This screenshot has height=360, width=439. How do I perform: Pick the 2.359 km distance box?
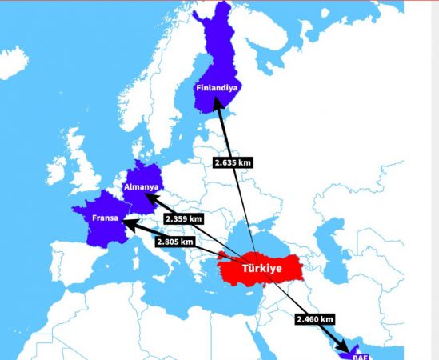pos(182,218)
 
